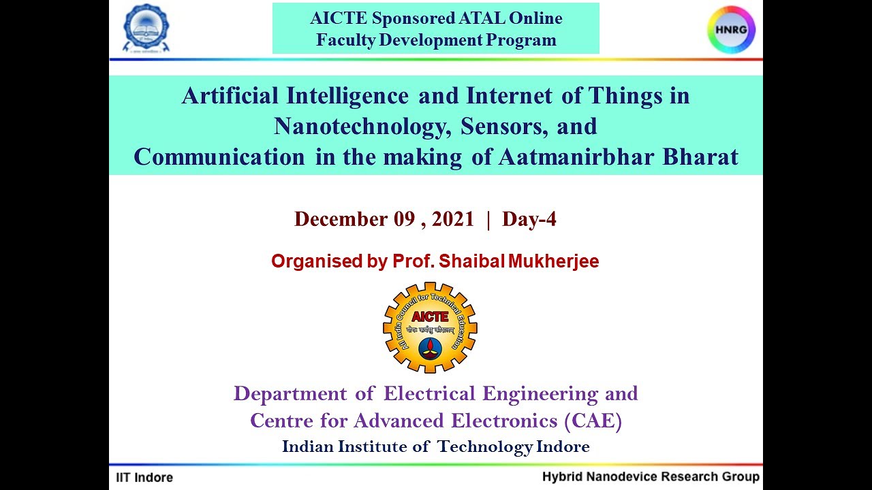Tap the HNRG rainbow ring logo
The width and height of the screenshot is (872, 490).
732,30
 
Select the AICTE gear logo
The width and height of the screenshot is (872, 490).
430,328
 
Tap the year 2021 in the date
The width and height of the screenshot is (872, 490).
452,219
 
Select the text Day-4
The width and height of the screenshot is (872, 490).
529,219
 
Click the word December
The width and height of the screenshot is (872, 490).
341,219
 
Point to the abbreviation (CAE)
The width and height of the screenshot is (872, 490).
593,421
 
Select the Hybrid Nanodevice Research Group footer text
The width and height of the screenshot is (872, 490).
651,476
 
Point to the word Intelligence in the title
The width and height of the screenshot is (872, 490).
347,96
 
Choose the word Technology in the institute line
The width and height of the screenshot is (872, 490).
485,447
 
